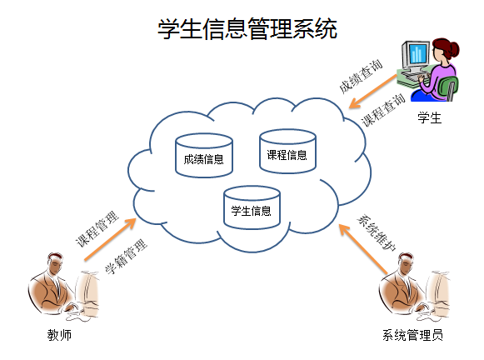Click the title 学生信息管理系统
tap(247, 28)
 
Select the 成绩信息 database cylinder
tap(204, 156)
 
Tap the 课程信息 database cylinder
tap(287, 152)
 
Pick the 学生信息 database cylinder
tap(252, 207)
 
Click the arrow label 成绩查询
tap(361, 76)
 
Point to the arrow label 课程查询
tap(383, 110)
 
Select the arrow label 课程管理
tap(97, 228)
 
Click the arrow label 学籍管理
tap(126, 257)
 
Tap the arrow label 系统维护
tap(377, 232)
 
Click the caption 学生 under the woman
tap(429, 117)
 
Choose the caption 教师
tap(59, 335)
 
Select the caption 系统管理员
tap(412, 335)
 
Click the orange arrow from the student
tap(373, 92)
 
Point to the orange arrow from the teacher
tap(110, 240)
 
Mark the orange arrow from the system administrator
tap(363, 249)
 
